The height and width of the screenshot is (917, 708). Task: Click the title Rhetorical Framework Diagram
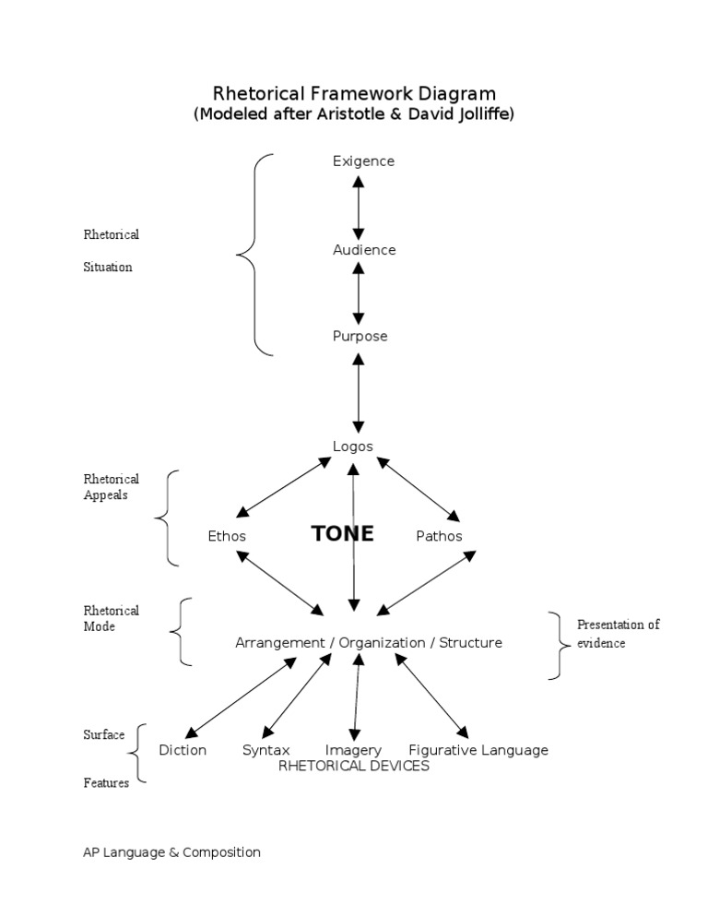tap(354, 93)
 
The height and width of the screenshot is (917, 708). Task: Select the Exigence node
tap(363, 161)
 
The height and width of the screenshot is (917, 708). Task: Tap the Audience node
tap(364, 250)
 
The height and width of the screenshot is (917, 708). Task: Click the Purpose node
tap(360, 337)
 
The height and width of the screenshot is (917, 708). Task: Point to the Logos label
tap(352, 447)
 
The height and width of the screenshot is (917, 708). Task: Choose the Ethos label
tap(227, 536)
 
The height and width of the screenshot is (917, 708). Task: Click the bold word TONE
tap(342, 534)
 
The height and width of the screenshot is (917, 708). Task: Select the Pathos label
tap(439, 536)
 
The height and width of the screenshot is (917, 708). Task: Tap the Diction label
tap(183, 750)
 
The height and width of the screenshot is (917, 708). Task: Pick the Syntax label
tap(265, 750)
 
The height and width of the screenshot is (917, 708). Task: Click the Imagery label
tap(353, 750)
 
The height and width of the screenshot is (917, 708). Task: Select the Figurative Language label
tap(478, 750)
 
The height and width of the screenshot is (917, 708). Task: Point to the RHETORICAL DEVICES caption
tap(353, 766)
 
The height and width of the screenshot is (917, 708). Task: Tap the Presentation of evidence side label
tap(618, 634)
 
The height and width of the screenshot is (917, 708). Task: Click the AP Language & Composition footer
tap(171, 852)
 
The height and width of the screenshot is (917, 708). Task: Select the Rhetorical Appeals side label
tap(111, 487)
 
